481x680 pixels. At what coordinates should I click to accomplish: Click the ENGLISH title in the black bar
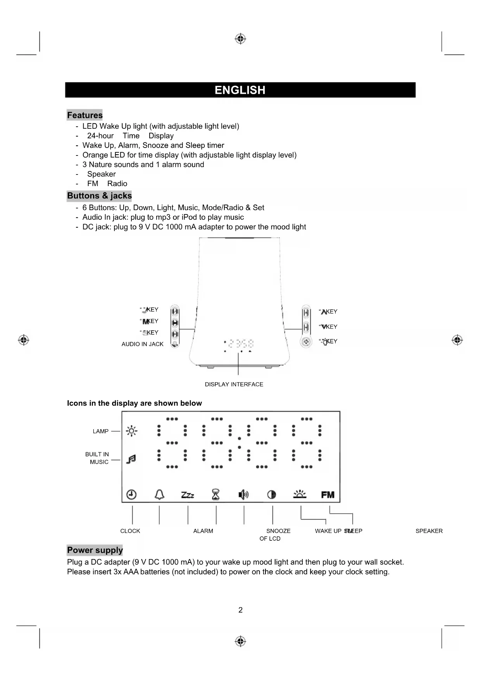click(240, 90)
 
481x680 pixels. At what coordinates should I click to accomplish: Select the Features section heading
click(84, 115)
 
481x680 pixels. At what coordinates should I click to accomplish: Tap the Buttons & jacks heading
click(99, 196)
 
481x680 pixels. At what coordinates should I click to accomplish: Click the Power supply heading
click(95, 550)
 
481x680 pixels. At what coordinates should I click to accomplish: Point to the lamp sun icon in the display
click(131, 431)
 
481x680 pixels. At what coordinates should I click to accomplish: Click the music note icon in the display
click(131, 459)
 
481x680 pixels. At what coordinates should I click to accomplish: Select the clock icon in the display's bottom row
click(131, 495)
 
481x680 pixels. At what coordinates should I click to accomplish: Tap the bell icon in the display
click(159, 495)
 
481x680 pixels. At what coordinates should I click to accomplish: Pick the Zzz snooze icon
click(188, 495)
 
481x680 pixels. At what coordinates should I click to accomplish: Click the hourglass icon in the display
click(216, 495)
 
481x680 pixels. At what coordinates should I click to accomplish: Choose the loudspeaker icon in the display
click(243, 495)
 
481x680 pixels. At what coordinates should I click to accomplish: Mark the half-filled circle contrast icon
click(272, 495)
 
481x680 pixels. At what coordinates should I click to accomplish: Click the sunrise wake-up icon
click(300, 494)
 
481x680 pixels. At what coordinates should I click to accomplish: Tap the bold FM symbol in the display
click(328, 495)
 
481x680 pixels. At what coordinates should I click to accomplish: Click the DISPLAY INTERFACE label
click(234, 384)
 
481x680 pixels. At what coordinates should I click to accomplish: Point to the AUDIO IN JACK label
click(142, 344)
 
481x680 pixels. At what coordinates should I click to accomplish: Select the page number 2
click(240, 610)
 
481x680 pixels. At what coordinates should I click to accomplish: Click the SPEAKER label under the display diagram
click(429, 531)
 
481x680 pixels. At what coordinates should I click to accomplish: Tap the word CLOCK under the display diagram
click(130, 531)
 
